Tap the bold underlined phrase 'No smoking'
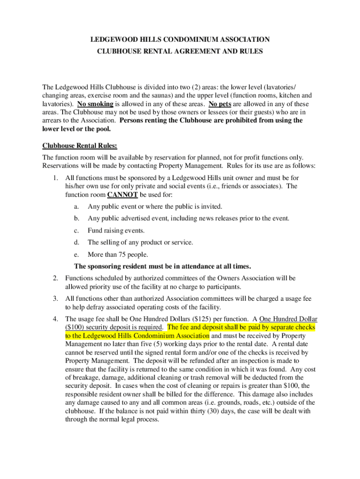95,104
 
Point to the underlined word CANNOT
122,195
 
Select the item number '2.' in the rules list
55,278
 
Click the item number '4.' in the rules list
55,319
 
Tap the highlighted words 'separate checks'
292,327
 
